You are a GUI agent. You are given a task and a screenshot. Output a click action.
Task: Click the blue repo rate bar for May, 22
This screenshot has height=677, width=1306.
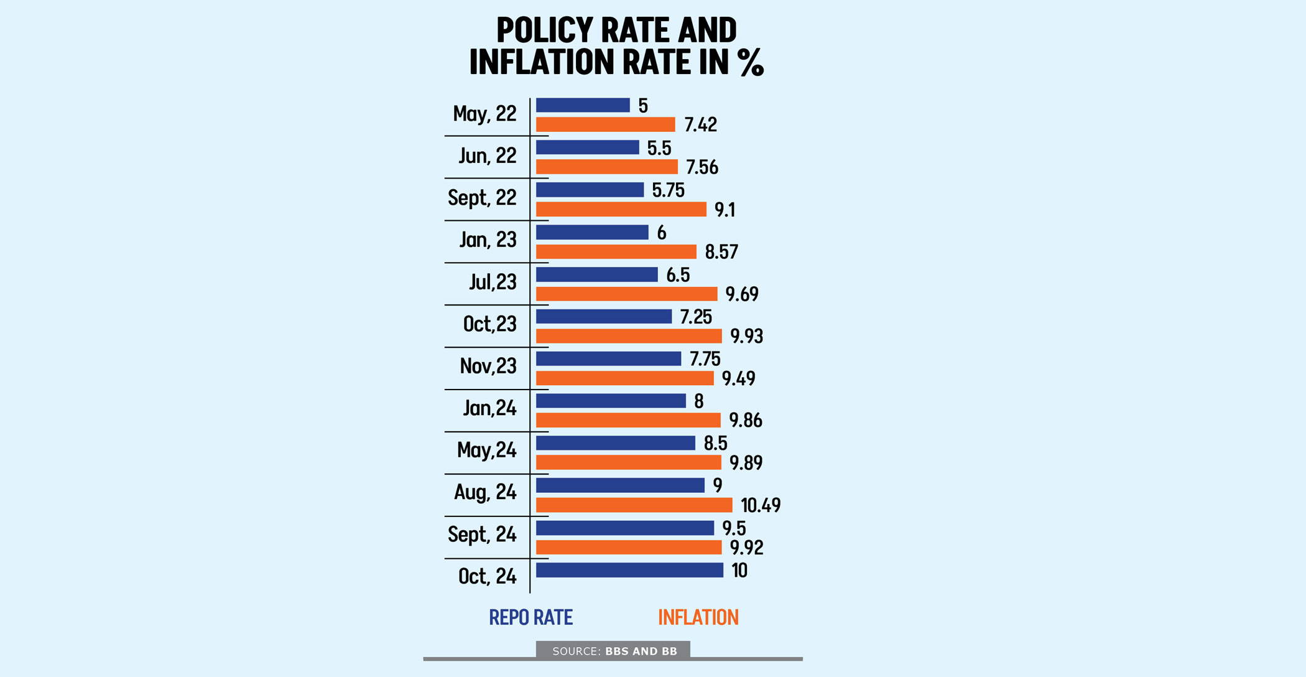(x=583, y=105)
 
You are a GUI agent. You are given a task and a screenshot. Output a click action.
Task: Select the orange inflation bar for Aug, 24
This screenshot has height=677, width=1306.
(x=634, y=505)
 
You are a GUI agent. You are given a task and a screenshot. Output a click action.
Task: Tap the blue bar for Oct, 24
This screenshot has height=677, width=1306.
(x=629, y=570)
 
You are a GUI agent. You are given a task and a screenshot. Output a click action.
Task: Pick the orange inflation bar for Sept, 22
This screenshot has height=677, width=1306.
(x=621, y=209)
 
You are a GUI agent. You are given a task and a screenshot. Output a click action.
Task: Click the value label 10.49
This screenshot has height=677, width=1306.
(x=760, y=505)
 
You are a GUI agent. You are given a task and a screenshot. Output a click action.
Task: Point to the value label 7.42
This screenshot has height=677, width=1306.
(x=700, y=125)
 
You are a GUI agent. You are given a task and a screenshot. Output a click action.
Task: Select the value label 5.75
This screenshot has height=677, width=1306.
(x=668, y=190)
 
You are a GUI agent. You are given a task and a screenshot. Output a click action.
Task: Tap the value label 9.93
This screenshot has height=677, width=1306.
(x=746, y=336)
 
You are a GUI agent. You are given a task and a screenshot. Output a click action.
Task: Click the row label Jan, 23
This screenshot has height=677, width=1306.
(x=488, y=240)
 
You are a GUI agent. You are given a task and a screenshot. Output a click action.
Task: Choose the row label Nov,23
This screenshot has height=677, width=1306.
(x=488, y=366)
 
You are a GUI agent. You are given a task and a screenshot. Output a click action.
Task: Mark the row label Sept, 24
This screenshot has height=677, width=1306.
(x=482, y=535)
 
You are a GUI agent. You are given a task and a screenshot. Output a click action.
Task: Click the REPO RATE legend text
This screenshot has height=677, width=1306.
(x=530, y=617)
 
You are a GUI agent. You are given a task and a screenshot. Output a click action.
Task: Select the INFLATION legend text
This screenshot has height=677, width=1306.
(x=698, y=617)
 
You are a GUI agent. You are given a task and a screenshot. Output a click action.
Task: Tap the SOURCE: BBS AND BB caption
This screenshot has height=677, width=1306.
(x=614, y=651)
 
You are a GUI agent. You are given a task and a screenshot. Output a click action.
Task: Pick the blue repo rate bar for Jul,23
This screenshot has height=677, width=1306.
(x=596, y=274)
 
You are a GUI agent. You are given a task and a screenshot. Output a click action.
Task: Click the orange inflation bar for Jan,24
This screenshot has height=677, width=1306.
(x=628, y=420)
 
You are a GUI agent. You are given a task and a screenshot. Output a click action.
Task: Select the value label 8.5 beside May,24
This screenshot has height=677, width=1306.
(x=715, y=443)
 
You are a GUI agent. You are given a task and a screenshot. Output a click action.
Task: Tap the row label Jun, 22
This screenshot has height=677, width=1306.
(x=488, y=156)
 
